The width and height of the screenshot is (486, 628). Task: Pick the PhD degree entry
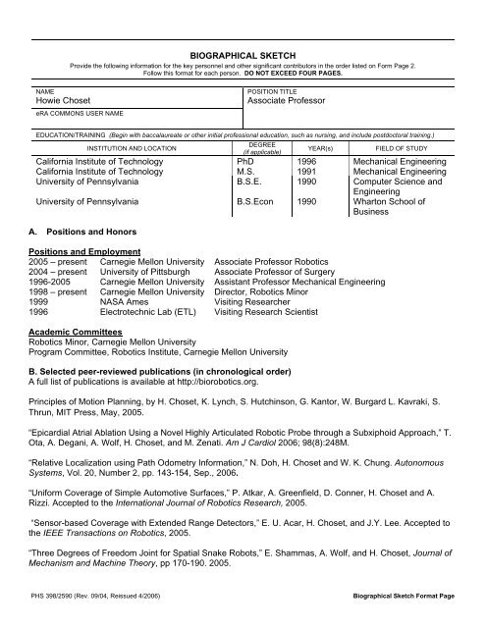247,160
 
